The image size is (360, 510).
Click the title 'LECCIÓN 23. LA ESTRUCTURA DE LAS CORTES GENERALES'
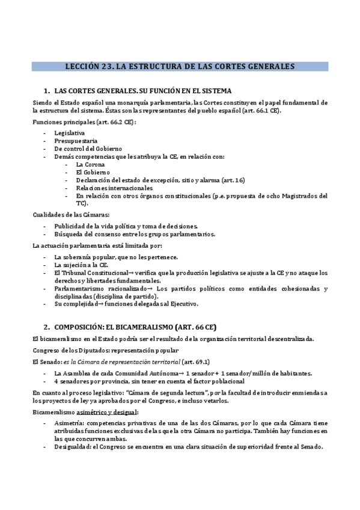pyautogui.click(x=180, y=67)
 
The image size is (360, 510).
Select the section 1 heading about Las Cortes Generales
pyautogui.click(x=142, y=91)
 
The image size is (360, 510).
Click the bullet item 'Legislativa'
pyautogui.click(x=69, y=132)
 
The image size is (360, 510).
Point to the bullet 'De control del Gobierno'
pyautogui.click(x=88, y=148)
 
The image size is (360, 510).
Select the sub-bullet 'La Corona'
pyautogui.click(x=90, y=164)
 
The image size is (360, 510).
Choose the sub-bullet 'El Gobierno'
pyautogui.click(x=93, y=171)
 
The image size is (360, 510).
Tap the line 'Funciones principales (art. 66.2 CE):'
pyautogui.click(x=84, y=122)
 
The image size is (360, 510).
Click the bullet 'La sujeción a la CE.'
pyautogui.click(x=81, y=265)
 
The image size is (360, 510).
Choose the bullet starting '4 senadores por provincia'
pyautogui.click(x=149, y=381)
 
